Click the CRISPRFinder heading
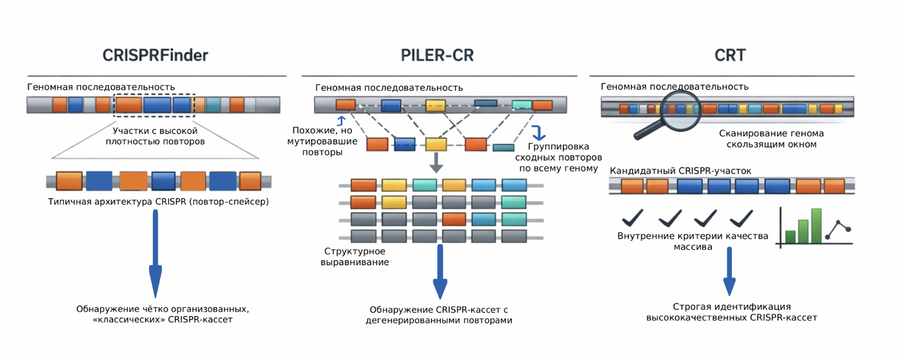pyautogui.click(x=155, y=55)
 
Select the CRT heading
pyautogui.click(x=730, y=55)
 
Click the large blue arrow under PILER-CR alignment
pyautogui.click(x=440, y=270)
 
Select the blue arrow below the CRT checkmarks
pyautogui.click(x=730, y=270)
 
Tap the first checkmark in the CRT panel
pyautogui.click(x=632, y=220)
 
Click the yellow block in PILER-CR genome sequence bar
pyautogui.click(x=434, y=105)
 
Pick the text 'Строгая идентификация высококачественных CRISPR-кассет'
pyautogui.click(x=732, y=312)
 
